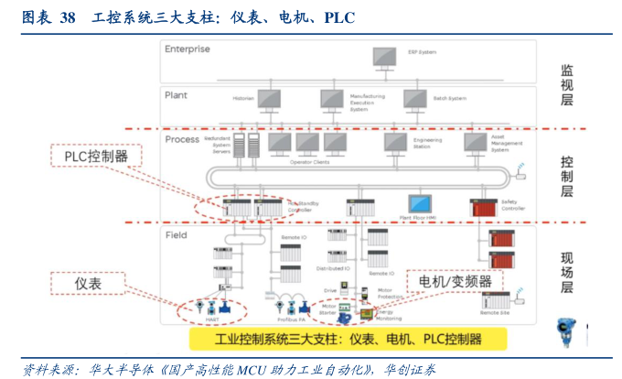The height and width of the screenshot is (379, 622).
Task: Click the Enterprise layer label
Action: (x=187, y=49)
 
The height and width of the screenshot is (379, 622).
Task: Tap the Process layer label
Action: (x=183, y=139)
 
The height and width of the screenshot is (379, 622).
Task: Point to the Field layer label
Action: (x=176, y=235)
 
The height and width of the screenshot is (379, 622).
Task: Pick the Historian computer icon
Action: (x=269, y=98)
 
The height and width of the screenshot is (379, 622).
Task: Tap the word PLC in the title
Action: (x=339, y=17)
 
